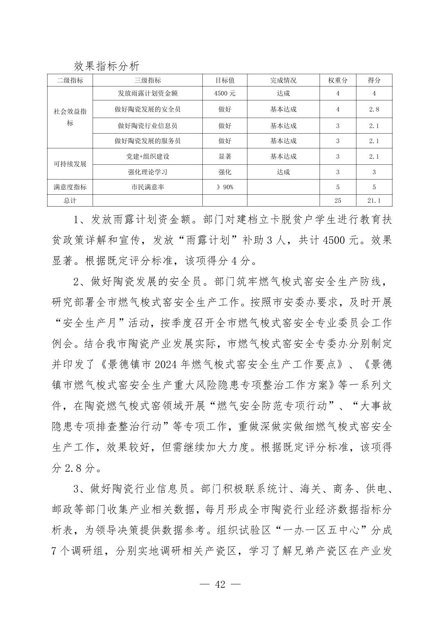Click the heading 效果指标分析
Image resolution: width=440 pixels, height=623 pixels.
coord(107,66)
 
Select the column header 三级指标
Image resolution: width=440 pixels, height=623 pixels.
coord(147,80)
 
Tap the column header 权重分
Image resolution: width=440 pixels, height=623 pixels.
coord(338,80)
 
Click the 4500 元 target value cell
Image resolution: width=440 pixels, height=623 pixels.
coord(225,93)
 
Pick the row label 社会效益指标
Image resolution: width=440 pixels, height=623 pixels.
coord(70,117)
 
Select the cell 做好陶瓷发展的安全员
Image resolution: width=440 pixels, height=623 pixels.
coord(147,109)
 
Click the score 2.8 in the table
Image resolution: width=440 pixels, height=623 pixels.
coord(374,109)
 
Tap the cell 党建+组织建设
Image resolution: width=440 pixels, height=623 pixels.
coord(147,157)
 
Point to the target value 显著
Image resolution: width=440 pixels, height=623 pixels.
coord(225,157)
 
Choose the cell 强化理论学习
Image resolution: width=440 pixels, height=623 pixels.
coord(147,172)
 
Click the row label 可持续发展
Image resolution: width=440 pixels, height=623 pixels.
coord(70,164)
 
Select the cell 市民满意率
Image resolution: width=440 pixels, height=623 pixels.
coord(147,187)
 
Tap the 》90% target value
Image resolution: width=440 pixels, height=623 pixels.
coord(225,187)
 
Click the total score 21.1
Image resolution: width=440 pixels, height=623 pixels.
coord(374,200)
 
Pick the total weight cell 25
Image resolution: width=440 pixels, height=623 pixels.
coord(338,200)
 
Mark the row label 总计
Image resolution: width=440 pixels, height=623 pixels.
coord(70,200)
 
